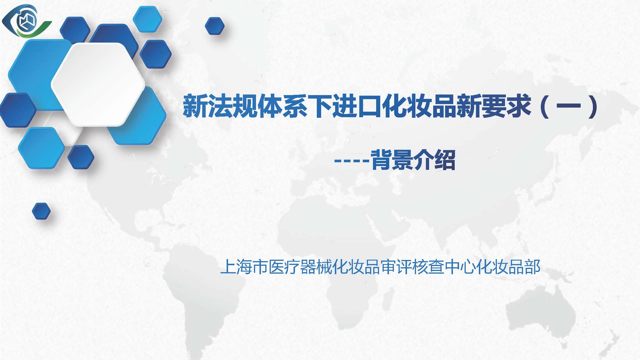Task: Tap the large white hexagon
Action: coord(98,84)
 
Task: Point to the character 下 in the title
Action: coord(320,105)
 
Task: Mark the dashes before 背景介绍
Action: coord(351,160)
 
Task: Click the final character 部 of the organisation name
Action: coord(532,267)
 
